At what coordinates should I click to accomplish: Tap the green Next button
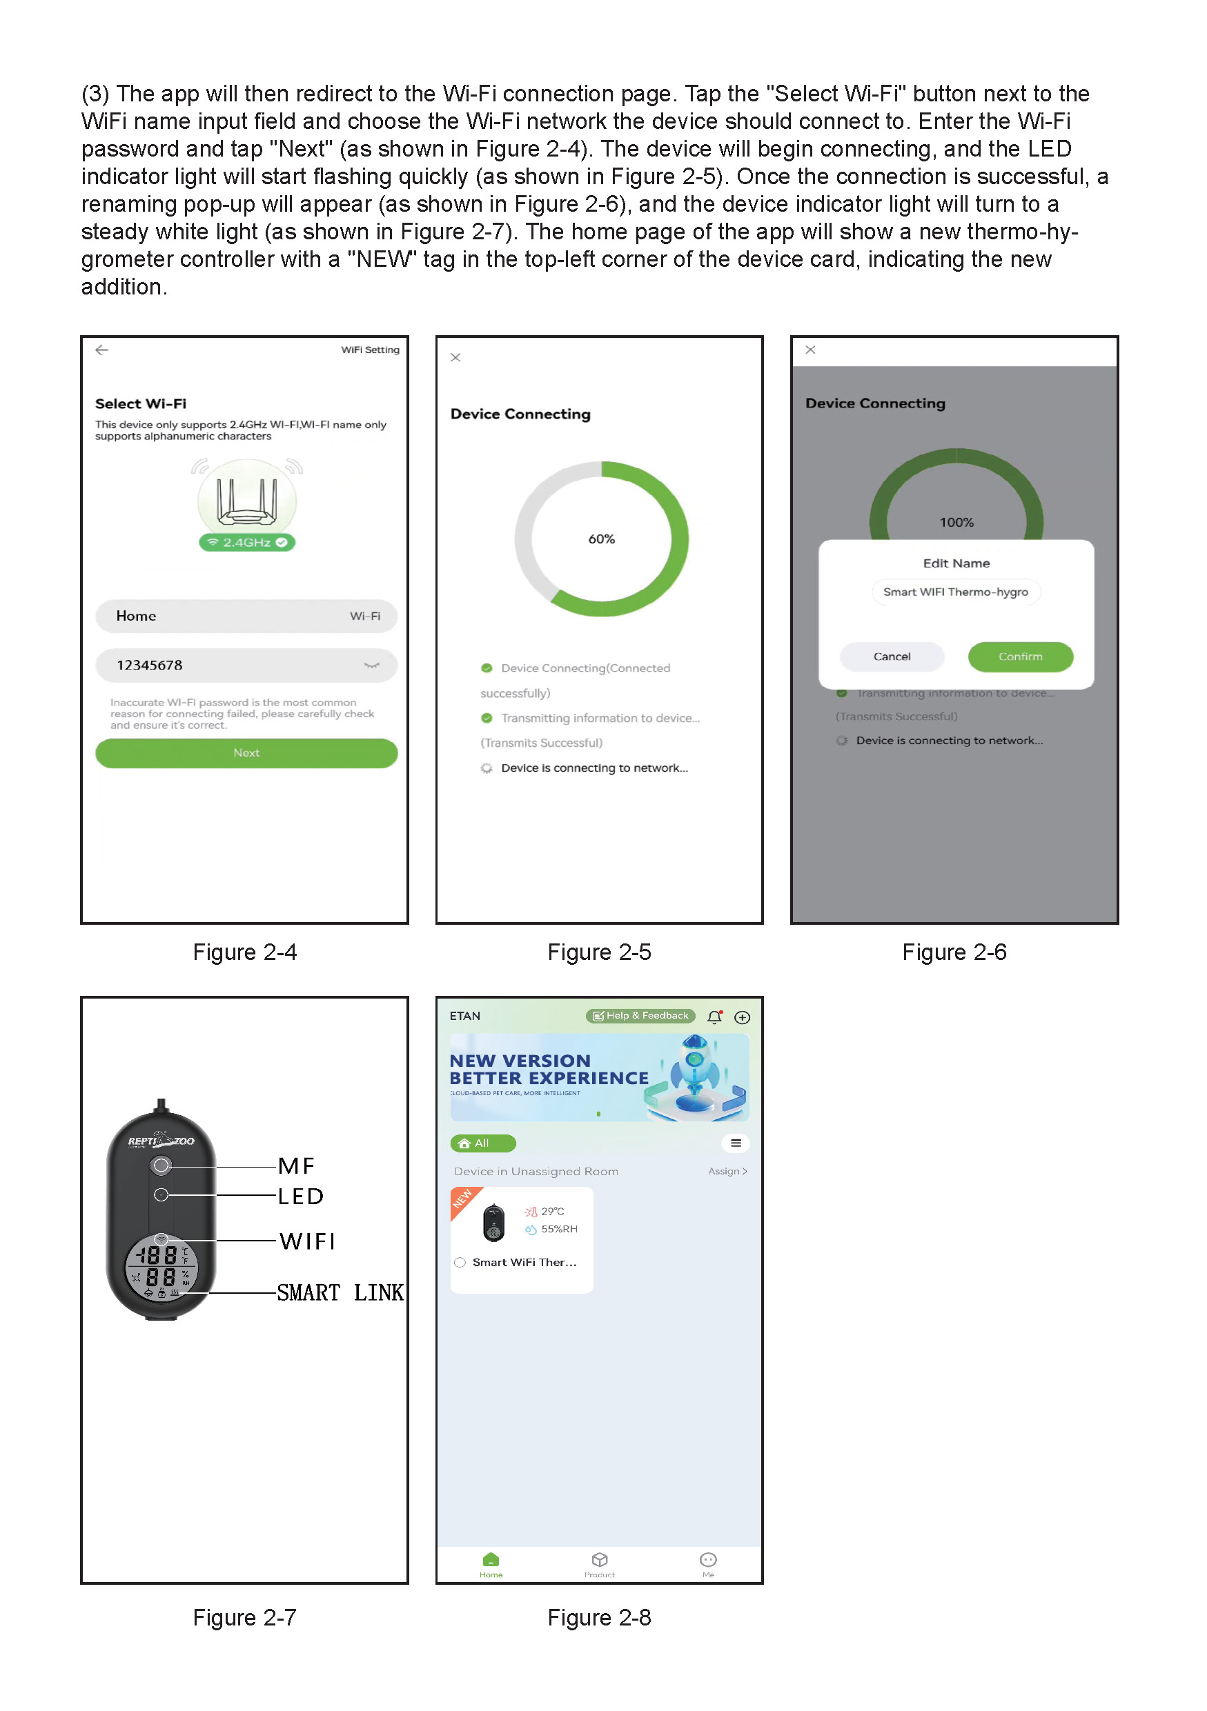pos(246,752)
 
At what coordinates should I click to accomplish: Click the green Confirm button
pos(1020,657)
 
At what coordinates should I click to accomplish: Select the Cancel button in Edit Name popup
pos(892,657)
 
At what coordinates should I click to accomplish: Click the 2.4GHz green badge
pos(247,543)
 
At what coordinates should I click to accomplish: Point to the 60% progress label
pos(601,539)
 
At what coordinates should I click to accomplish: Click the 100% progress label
pos(956,522)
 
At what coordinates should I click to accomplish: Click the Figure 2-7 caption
pos(244,1617)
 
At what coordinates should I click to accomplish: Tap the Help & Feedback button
pos(640,1016)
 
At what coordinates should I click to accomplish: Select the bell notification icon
pos(714,1017)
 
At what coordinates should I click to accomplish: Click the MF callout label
pos(297,1165)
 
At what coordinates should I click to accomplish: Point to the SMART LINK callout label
pos(340,1292)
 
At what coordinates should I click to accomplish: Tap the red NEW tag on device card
pos(462,1199)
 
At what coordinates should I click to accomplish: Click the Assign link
pos(727,1172)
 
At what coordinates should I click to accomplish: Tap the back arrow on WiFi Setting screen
pos(102,350)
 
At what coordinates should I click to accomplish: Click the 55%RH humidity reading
pos(558,1229)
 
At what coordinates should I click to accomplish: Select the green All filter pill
pos(482,1143)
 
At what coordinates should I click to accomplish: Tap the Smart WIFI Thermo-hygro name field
pos(955,592)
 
